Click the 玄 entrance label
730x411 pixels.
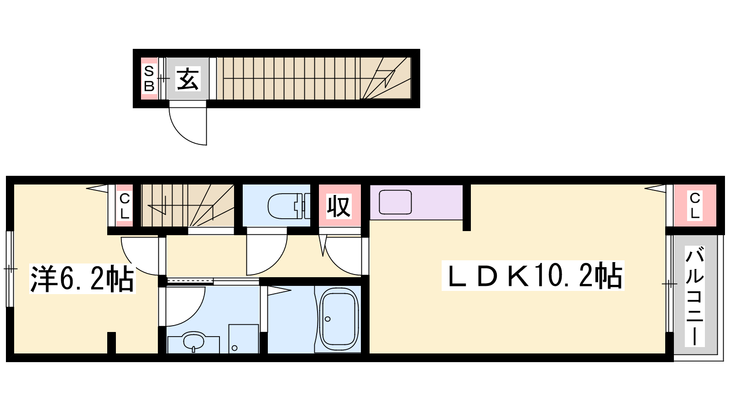pos(188,79)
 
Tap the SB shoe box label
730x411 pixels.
pos(149,79)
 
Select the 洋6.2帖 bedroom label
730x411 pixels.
pos(82,279)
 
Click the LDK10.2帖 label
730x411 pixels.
pos(533,276)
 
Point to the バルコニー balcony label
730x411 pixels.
pos(694,296)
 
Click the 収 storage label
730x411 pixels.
pos(339,206)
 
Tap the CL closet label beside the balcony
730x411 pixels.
pos(694,205)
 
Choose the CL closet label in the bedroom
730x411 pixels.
pos(125,206)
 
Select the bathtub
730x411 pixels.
pos(339,319)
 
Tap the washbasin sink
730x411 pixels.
pos(193,342)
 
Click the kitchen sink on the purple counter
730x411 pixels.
pos(395,202)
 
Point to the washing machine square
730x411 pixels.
pos(244,338)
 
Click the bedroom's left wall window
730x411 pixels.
pos(10,269)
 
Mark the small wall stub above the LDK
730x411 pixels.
pos(467,207)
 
